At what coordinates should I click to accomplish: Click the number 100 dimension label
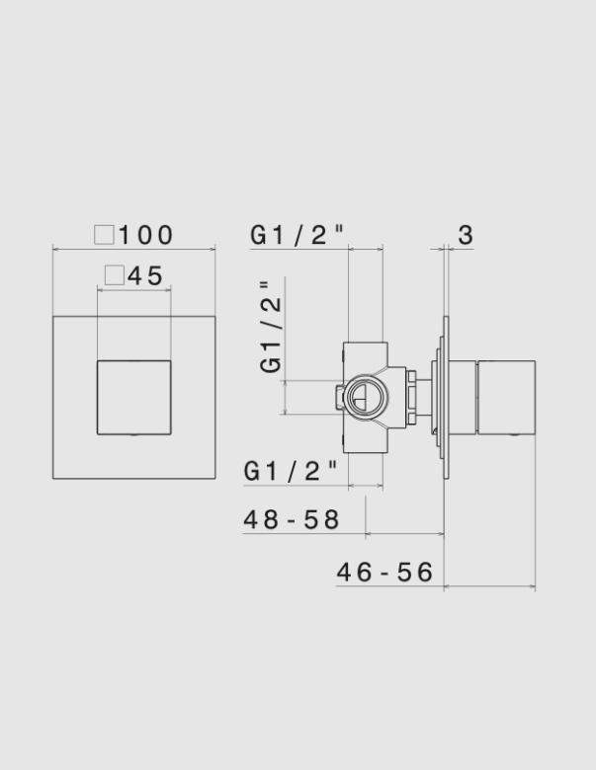pos(146,235)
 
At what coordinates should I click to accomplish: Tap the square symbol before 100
pos(104,234)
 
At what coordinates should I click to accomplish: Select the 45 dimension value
pos(145,275)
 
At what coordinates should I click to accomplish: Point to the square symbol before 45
pos(114,275)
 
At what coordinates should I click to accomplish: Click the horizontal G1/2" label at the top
pos(297,235)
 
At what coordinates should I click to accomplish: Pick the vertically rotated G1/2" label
pos(271,328)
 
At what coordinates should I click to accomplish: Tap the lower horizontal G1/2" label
pos(292,472)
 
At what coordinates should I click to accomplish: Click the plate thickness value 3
pos(467,235)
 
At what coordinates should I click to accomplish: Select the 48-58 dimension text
pos(292,519)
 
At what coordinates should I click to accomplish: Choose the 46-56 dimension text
pos(385,573)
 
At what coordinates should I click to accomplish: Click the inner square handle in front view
pos(133,397)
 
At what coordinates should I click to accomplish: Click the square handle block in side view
pos(506,397)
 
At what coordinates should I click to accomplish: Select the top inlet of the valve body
pos(365,351)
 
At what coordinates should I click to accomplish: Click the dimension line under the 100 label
pos(133,249)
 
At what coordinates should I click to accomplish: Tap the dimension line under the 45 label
pos(133,289)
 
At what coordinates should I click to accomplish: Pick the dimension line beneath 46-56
pos(489,587)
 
